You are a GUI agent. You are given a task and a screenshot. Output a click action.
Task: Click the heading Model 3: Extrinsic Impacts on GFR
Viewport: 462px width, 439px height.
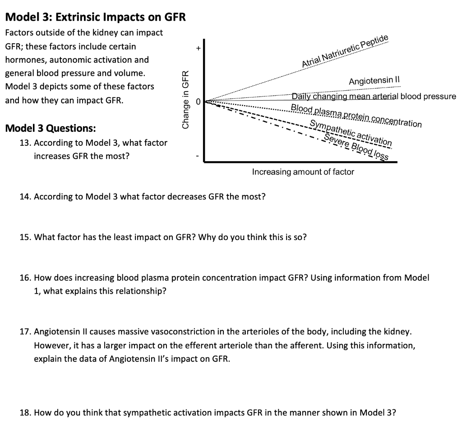point(95,18)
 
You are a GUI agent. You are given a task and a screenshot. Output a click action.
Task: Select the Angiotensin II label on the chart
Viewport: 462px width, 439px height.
point(375,81)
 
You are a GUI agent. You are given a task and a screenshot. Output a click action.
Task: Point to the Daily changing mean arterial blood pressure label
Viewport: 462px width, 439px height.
point(374,96)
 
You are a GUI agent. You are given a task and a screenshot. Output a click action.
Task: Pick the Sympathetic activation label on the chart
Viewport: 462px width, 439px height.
point(351,132)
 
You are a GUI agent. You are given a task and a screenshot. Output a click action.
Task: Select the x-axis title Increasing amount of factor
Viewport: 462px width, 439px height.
point(303,172)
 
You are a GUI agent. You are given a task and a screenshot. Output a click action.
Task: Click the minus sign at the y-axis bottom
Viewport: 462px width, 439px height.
point(197,157)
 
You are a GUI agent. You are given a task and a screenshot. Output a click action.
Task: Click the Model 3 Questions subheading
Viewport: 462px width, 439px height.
point(50,128)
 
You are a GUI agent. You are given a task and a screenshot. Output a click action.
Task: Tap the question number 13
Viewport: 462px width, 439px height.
point(25,143)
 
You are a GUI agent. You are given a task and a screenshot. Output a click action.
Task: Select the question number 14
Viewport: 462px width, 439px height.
point(25,197)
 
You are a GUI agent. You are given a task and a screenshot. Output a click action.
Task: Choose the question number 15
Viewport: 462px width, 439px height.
point(25,237)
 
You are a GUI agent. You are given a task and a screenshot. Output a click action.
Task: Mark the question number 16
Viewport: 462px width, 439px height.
point(25,277)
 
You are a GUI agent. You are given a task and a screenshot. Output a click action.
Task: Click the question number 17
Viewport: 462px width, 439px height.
point(25,332)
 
